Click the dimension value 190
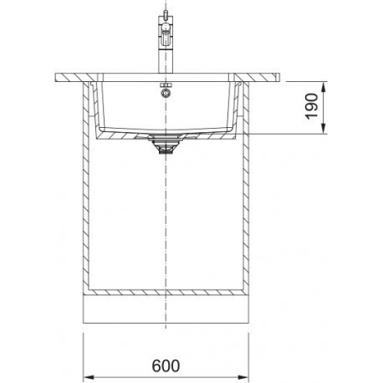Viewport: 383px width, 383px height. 312,106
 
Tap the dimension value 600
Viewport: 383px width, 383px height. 166,366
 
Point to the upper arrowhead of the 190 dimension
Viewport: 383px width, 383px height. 324,87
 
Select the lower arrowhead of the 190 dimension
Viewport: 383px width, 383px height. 324,129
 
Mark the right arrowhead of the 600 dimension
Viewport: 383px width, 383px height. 243,378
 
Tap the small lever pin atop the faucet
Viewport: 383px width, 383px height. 166,13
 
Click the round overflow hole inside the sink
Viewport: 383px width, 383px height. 166,93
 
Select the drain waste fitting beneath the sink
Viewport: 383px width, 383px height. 166,145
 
